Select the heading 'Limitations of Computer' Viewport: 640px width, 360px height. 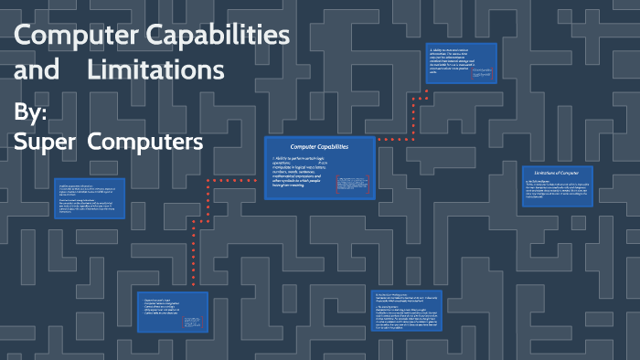[558, 173]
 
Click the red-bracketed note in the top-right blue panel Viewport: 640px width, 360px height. [481, 78]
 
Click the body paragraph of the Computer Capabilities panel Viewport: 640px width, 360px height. [303, 175]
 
